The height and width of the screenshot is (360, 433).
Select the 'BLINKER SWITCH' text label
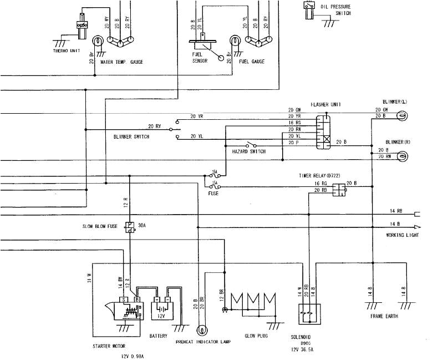[131, 136]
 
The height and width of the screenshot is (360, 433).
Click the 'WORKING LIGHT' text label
[402, 235]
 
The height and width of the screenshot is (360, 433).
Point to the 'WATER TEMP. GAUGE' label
[121, 62]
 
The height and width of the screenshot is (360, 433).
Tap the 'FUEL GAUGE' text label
[252, 62]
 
